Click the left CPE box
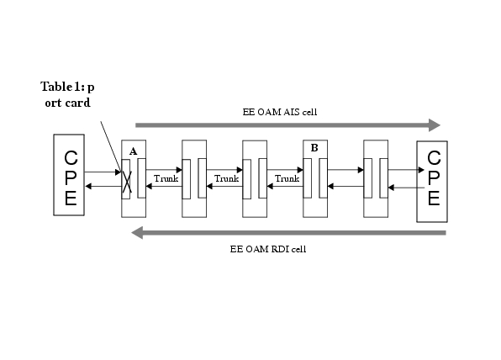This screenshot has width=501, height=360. tap(69, 175)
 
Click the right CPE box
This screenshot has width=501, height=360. tap(432, 182)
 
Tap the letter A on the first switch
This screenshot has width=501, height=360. tap(134, 151)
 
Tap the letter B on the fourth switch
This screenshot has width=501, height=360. tap(314, 148)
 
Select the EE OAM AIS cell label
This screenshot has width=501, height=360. tap(280, 112)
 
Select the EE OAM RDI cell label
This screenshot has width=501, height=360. tap(268, 249)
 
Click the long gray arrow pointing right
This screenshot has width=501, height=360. tap(287, 125)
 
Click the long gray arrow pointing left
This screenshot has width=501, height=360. tap(288, 233)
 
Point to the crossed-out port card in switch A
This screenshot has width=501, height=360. tap(126, 179)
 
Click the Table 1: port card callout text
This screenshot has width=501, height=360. tap(67, 95)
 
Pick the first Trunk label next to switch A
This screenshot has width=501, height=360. tap(166, 178)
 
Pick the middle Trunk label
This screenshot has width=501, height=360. tap(226, 178)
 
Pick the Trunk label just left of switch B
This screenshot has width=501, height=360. tap(287, 178)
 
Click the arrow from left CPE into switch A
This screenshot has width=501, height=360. tap(103, 172)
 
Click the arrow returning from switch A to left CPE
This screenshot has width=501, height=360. tap(103, 186)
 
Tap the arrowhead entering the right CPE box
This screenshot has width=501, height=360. tap(421, 170)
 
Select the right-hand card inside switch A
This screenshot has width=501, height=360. tap(141, 178)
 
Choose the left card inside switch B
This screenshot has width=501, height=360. tap(308, 178)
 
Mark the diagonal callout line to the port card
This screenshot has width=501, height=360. tap(111, 147)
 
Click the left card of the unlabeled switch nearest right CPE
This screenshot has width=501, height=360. tap(367, 178)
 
